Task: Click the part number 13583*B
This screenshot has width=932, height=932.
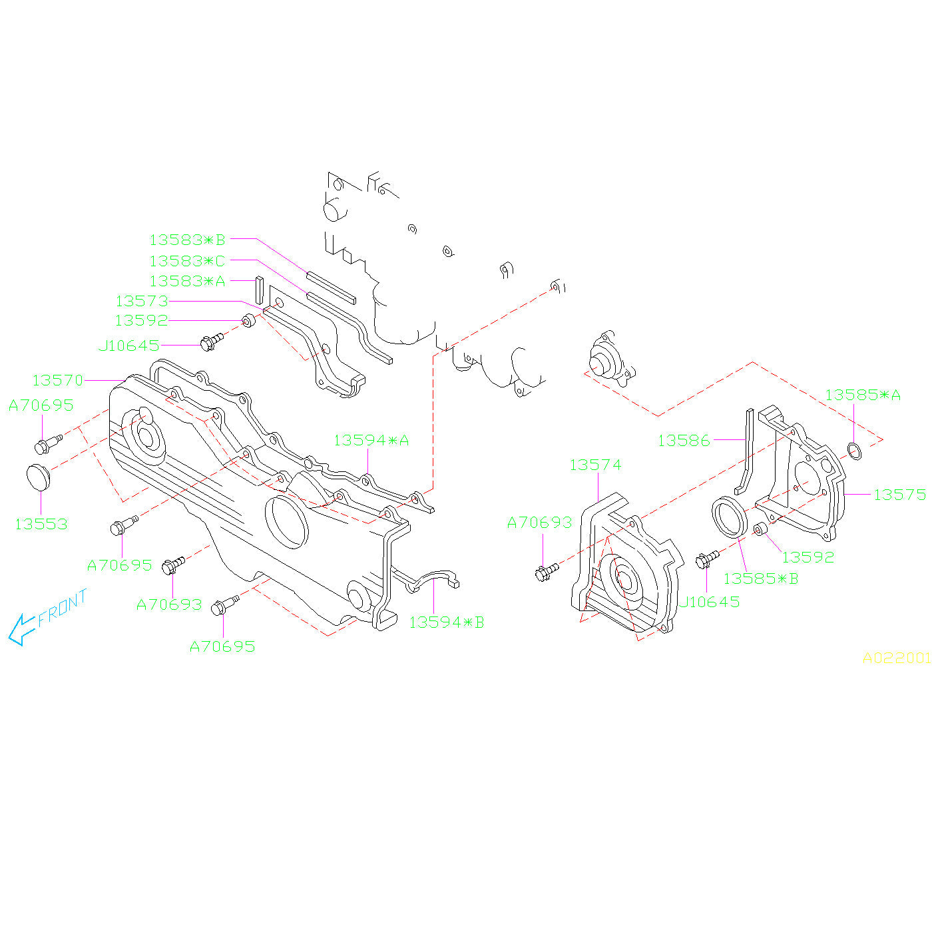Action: (x=188, y=240)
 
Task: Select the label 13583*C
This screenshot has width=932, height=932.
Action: (x=188, y=261)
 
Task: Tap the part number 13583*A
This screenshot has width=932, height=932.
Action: (x=188, y=282)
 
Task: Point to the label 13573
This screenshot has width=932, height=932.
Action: (x=142, y=302)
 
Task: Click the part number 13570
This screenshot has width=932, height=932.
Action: (x=58, y=381)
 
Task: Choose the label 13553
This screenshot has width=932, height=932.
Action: (x=41, y=525)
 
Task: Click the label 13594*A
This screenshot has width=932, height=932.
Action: (x=371, y=441)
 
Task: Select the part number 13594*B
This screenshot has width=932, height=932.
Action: (x=446, y=623)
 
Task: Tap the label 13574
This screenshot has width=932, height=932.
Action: (x=595, y=465)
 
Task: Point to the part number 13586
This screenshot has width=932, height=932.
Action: (x=684, y=441)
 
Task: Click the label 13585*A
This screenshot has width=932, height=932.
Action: (x=862, y=395)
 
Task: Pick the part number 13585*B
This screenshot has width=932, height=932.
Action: (x=760, y=579)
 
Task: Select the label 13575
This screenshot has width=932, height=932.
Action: (x=899, y=495)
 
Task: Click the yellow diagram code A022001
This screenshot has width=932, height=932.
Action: (x=896, y=658)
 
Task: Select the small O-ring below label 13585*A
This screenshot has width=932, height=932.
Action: (x=854, y=451)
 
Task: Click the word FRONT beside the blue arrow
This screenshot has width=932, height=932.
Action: (x=63, y=608)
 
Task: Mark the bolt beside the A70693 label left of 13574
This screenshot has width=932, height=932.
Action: (x=546, y=571)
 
